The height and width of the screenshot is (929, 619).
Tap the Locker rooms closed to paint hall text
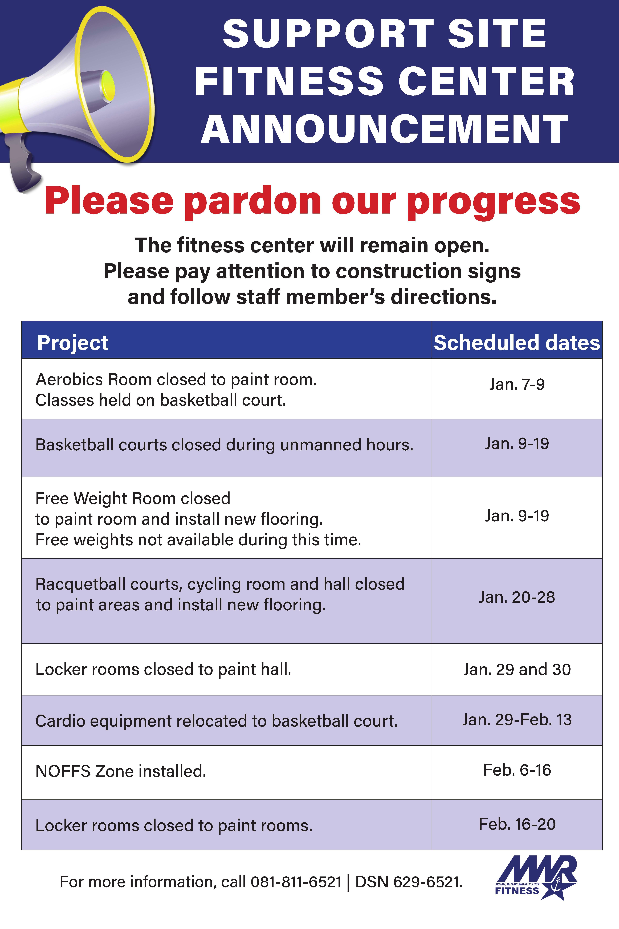point(163,670)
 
